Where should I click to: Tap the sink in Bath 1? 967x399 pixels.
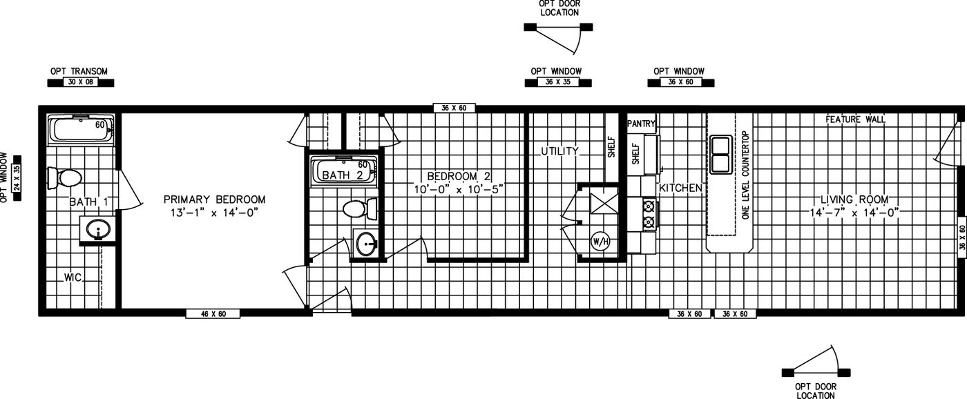point(99,229)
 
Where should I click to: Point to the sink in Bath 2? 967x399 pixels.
point(366,243)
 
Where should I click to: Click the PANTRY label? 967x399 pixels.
point(641,124)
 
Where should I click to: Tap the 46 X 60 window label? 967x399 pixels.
point(213,314)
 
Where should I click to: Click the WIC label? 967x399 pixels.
point(73,278)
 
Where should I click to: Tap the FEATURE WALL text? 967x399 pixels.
point(855,119)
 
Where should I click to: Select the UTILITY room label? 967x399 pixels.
point(559,150)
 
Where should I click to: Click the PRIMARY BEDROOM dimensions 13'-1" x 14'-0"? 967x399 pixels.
point(214,213)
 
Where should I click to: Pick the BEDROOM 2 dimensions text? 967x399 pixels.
point(459,188)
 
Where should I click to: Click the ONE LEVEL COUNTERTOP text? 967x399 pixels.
point(745,175)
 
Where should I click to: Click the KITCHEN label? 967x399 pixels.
point(681,188)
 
